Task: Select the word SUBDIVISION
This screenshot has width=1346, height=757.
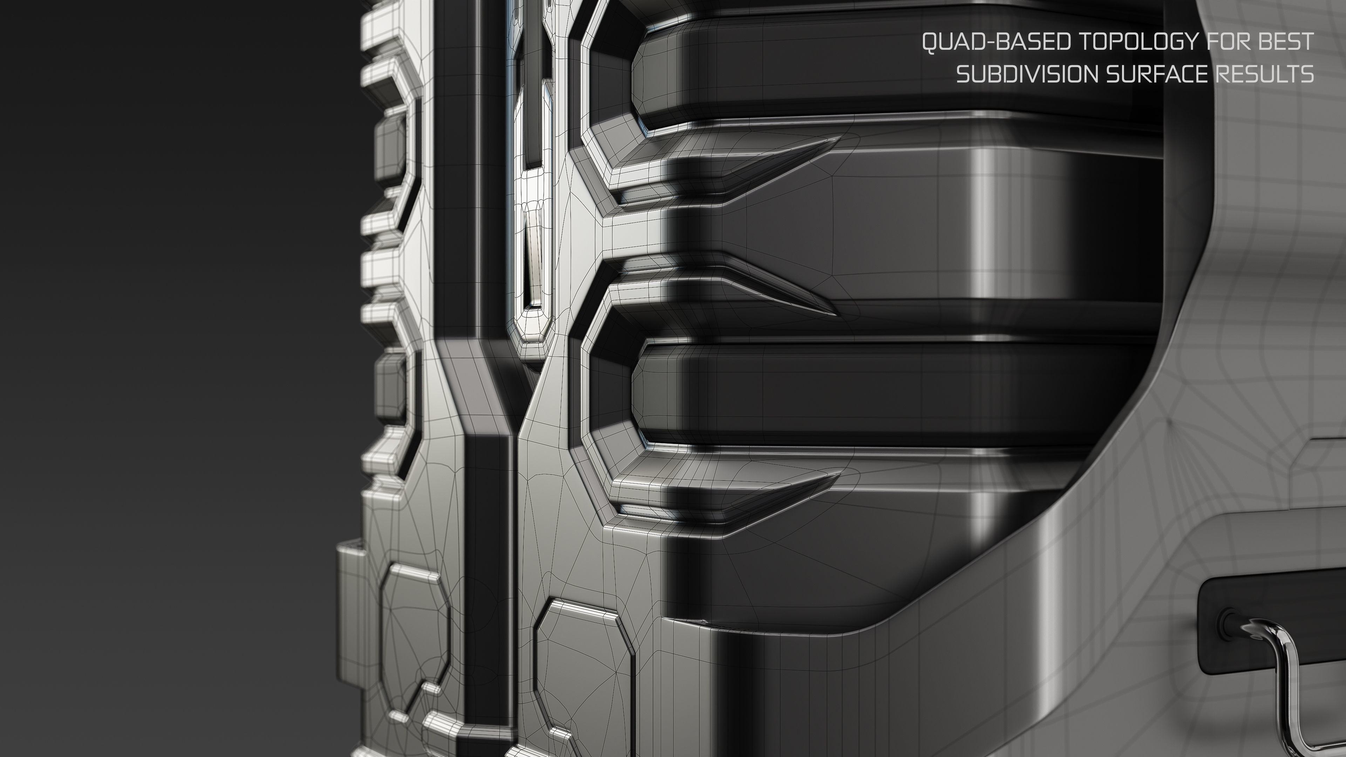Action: coord(1027,75)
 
